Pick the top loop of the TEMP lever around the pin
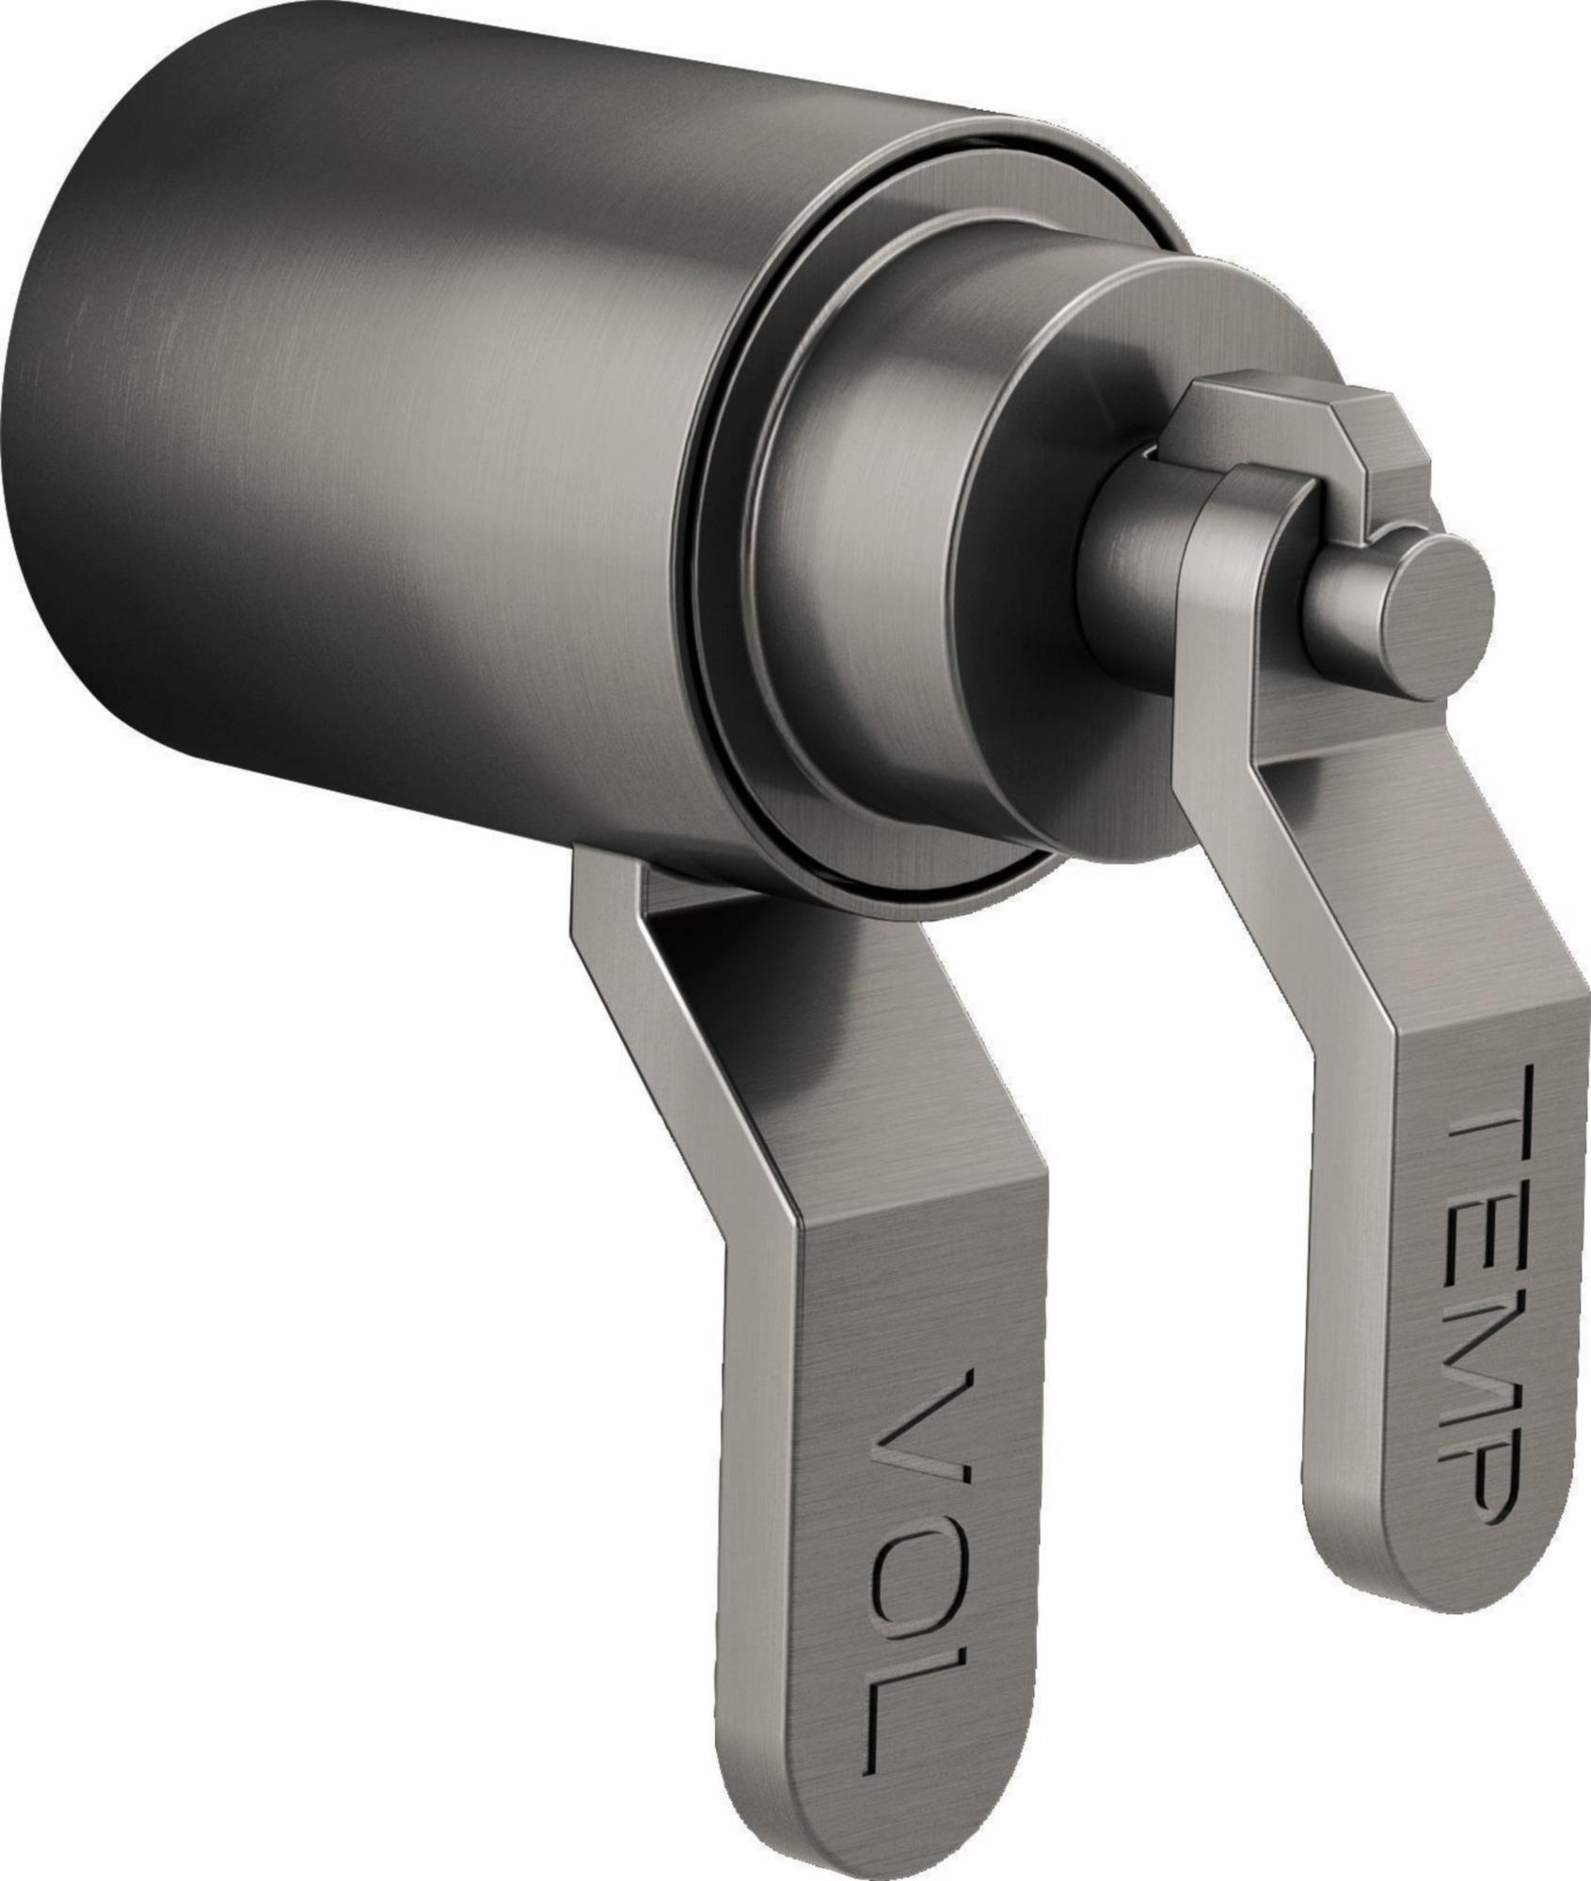pyautogui.click(x=1251, y=527)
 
